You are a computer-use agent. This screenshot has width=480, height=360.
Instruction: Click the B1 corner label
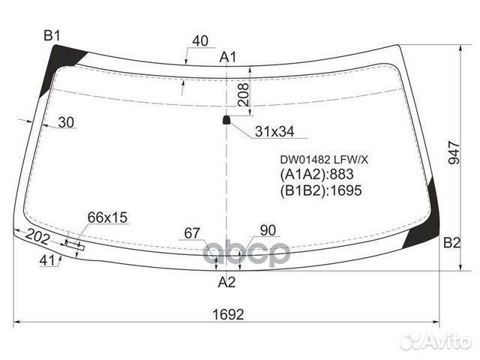52,35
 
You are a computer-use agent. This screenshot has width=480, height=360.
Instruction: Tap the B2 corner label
451,242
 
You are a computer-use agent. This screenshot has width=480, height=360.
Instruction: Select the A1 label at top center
228,57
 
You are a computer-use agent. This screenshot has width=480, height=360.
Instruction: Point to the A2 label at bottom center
226,283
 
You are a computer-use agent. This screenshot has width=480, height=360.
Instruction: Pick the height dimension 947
453,152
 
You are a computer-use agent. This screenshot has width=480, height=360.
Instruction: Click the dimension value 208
242,94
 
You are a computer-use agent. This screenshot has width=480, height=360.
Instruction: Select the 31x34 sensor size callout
274,132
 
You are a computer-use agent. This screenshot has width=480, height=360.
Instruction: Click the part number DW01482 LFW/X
324,159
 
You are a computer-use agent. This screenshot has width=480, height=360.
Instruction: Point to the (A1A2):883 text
316,175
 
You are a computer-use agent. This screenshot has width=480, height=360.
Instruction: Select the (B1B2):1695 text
321,190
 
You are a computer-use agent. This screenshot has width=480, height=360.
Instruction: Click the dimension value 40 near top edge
200,41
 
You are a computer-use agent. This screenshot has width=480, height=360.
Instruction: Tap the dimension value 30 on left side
66,123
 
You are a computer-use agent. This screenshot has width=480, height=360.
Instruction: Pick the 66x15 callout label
108,218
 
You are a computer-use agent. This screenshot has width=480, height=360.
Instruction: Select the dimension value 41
47,260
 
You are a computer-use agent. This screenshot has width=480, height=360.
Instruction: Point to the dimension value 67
193,233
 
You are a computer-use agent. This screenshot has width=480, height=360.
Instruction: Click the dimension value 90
268,230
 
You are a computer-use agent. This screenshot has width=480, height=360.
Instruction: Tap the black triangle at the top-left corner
64,55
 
